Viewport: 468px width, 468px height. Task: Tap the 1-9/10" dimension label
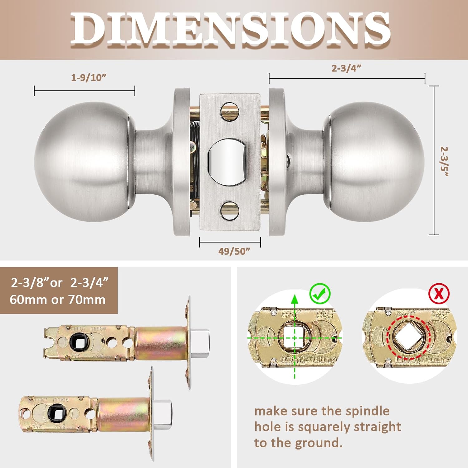coord(89,78)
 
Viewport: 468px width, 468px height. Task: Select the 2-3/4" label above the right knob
coord(346,68)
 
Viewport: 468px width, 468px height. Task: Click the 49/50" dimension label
coord(234,251)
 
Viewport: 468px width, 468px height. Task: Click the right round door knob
coord(374,162)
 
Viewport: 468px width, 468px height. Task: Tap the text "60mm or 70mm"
coord(58,300)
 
